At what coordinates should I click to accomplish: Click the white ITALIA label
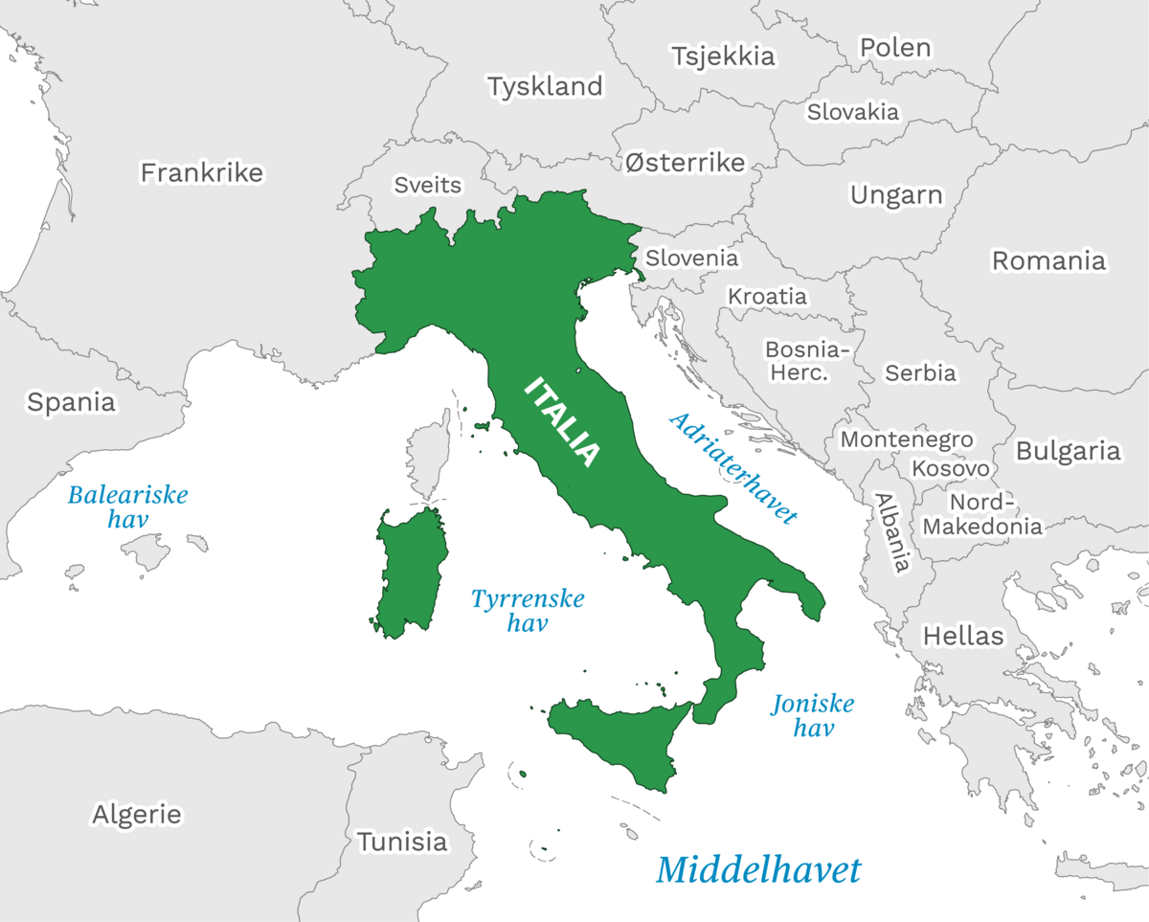pyautogui.click(x=564, y=422)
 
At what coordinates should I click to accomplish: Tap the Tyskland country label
pyautogui.click(x=545, y=86)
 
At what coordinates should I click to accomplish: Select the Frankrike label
pyautogui.click(x=201, y=172)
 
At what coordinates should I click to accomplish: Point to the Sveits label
pyautogui.click(x=428, y=185)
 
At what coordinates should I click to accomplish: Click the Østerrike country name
pyautogui.click(x=685, y=163)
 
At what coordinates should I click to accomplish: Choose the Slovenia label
pyautogui.click(x=691, y=258)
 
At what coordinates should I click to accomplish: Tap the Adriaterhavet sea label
pyautogui.click(x=732, y=468)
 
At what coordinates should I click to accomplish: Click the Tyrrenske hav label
pyautogui.click(x=528, y=611)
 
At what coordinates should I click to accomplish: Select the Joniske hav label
pyautogui.click(x=813, y=715)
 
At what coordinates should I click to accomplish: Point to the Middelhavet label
pyautogui.click(x=758, y=870)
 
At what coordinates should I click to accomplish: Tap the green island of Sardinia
pyautogui.click(x=410, y=574)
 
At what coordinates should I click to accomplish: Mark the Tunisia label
pyautogui.click(x=402, y=842)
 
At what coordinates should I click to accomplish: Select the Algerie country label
pyautogui.click(x=136, y=814)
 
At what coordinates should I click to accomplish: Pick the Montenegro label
pyautogui.click(x=906, y=439)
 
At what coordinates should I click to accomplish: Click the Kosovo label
pyautogui.click(x=950, y=468)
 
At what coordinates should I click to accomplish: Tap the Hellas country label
pyautogui.click(x=963, y=635)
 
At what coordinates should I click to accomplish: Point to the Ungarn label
pyautogui.click(x=896, y=195)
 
